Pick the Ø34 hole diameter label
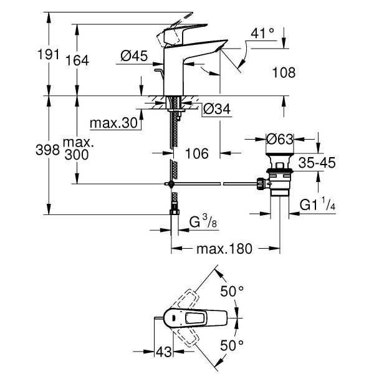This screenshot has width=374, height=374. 218,110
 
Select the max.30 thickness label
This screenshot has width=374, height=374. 113,123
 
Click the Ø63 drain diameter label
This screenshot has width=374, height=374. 280,140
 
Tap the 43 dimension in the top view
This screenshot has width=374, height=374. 164,352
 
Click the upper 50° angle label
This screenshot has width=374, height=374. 231,290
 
